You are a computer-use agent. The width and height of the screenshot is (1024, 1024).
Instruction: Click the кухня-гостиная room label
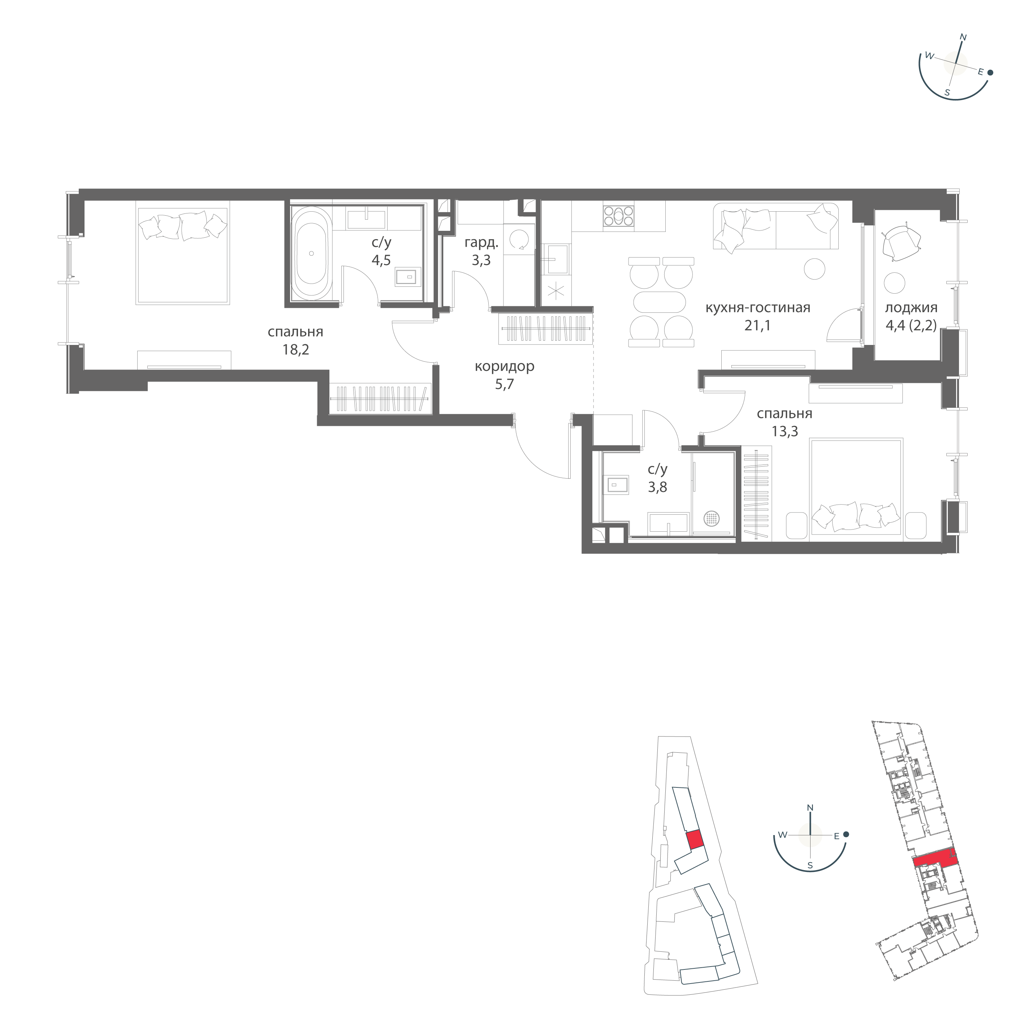tap(757, 307)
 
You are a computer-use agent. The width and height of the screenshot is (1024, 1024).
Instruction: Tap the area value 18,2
tap(296, 350)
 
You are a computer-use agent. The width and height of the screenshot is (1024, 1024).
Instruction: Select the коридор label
tap(505, 366)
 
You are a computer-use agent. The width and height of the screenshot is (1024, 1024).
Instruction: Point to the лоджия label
tap(911, 307)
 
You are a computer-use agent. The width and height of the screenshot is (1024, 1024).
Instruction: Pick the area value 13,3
tap(785, 431)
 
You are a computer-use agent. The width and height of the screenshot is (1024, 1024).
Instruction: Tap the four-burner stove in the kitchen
tap(618, 216)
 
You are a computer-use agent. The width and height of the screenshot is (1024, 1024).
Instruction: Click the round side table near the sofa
tap(815, 269)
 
